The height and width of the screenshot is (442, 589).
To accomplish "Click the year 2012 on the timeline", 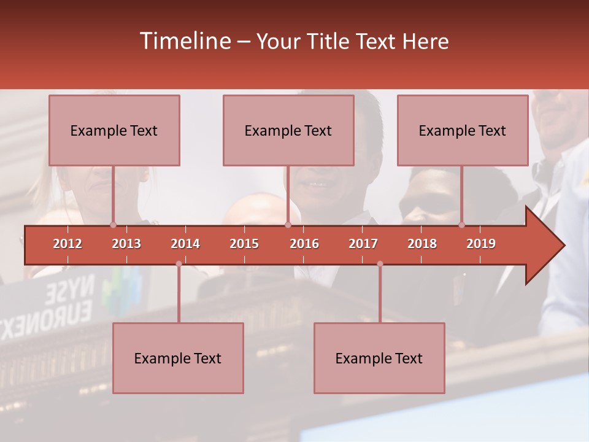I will click(67, 244).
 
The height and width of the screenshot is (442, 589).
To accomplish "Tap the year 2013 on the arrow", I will click(126, 244).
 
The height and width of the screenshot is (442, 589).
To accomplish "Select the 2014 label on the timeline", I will click(185, 244).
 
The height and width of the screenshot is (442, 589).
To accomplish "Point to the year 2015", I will click(244, 244).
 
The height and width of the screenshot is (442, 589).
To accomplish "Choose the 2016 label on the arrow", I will click(304, 244).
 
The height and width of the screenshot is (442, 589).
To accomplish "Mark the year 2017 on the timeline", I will click(363, 244).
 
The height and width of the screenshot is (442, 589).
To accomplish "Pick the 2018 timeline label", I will click(422, 244).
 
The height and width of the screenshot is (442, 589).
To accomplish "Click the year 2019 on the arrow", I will click(481, 244).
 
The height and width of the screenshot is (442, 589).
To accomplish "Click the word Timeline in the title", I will click(184, 41).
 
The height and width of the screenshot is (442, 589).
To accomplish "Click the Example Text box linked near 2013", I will click(114, 130).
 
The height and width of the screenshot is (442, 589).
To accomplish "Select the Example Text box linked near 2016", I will click(288, 130).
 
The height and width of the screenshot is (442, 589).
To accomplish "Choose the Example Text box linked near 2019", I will click(463, 130).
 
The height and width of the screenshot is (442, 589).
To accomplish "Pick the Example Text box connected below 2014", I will click(178, 358).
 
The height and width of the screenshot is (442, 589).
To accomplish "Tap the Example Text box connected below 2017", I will click(379, 358).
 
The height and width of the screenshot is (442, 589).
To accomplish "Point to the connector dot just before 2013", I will click(113, 225).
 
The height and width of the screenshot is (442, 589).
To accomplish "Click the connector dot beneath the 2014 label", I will click(179, 264).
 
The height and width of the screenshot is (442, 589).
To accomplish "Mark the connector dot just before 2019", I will click(461, 225).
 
